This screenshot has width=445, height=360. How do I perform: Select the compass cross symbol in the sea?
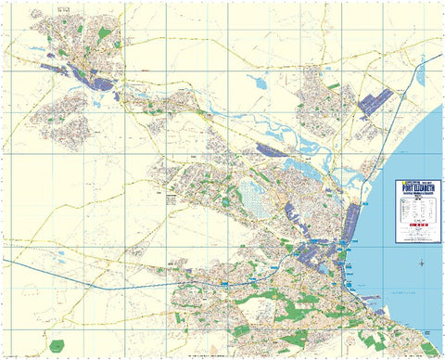coord(423,264)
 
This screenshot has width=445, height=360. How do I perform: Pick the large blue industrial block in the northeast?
coord(374,102)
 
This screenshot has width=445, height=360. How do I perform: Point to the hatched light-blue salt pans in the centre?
coord(251,196)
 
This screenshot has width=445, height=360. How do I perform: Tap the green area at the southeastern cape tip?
coord(428,347)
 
